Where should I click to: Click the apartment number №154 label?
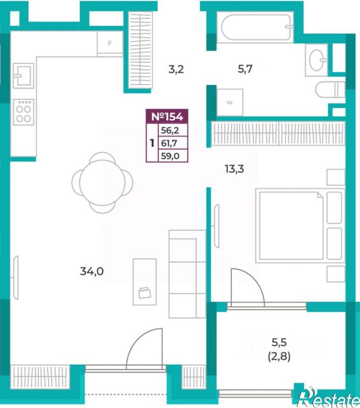coord(167,116)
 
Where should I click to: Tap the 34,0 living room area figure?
coord(92,272)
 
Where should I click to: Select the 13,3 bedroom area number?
coord(234,169)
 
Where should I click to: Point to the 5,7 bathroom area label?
coord(245,69)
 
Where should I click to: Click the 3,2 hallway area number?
coord(176,70)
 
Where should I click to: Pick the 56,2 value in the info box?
coord(170,130)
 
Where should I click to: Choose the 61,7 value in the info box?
coord(169,143)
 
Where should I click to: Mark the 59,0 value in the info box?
coord(170,156)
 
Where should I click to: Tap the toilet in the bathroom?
coord(330,90)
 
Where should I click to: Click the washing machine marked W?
coord(230,102)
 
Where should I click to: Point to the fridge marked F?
coord(110,43)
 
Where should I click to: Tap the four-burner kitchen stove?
coord(24,112)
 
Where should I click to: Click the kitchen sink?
coord(24,76)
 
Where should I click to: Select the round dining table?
coord(102,183)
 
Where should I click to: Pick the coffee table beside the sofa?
coord(145,282)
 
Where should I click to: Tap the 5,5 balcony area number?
coord(279,343)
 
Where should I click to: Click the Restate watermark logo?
coord(329,399)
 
